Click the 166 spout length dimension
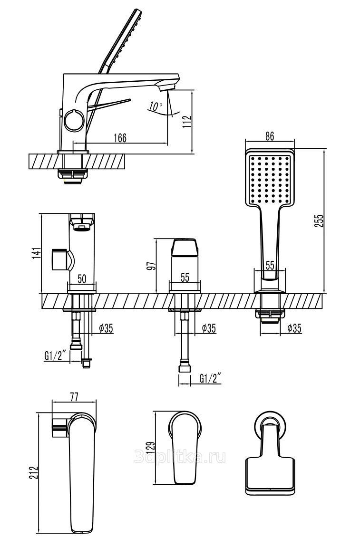120,138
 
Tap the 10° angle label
155,106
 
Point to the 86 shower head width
269,135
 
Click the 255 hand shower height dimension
319,221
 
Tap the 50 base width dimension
82,279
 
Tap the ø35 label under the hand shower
296,327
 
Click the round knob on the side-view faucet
74,118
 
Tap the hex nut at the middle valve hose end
185,368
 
